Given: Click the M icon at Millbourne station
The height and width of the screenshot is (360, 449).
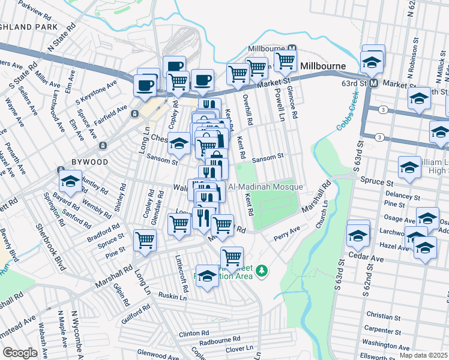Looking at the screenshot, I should tap(292, 49).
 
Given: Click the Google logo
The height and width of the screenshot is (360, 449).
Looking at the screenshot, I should tap(19, 353).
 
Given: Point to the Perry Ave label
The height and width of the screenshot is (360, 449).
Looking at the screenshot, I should tap(287, 231).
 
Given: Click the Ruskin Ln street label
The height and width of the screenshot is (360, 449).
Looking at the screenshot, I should tap(173, 295).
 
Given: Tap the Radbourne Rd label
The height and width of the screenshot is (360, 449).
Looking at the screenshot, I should tap(220, 340).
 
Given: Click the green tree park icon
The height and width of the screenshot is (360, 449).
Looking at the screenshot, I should tap(261, 272).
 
